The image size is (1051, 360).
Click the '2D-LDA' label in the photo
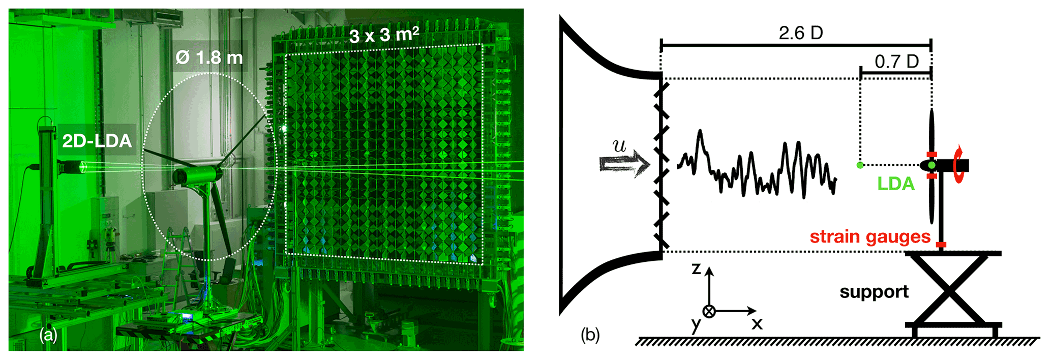point(97,141)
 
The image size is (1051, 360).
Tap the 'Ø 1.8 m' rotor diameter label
point(209,57)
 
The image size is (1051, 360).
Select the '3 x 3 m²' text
point(384,35)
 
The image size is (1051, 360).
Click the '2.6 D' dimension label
point(800,33)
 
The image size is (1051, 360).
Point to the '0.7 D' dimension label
point(896,62)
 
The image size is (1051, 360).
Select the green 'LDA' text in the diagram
point(896,184)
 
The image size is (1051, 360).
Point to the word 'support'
point(874,292)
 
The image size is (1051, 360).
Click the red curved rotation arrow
point(959,164)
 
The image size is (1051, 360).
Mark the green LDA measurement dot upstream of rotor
point(860,165)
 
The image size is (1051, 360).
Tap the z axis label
point(697,268)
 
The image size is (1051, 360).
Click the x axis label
point(757,323)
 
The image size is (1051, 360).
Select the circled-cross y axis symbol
point(709,311)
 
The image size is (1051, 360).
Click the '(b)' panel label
point(590,335)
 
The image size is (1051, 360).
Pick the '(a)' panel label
point(49,335)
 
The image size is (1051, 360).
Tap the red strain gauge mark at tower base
point(941,245)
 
